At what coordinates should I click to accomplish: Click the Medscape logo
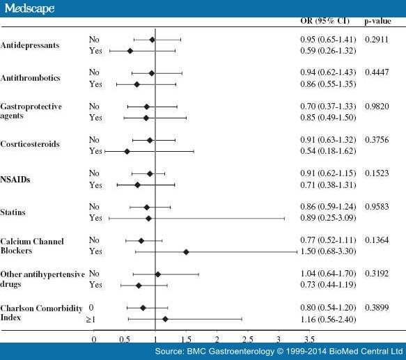click(28, 8)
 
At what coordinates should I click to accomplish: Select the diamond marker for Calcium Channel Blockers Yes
click(186, 251)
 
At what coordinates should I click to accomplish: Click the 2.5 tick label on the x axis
click(247, 339)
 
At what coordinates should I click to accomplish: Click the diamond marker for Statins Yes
click(148, 219)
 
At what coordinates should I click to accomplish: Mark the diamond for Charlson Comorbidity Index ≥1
click(165, 319)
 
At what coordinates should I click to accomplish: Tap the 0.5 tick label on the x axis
click(125, 339)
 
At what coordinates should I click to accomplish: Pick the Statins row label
click(15, 212)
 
